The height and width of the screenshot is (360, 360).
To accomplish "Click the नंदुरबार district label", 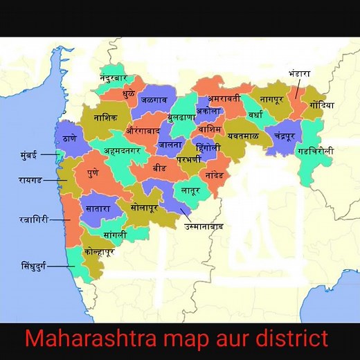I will [x=115, y=71].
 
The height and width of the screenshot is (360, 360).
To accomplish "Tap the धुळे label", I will [x=129, y=92].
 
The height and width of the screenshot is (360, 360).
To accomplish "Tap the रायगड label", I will [x=30, y=180].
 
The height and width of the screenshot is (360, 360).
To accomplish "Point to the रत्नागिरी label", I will [x=33, y=219].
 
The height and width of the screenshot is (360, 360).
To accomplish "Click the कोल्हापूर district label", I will [x=98, y=252].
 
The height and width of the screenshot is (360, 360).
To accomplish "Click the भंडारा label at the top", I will [x=300, y=73].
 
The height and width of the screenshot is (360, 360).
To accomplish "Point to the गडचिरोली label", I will [x=316, y=150].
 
